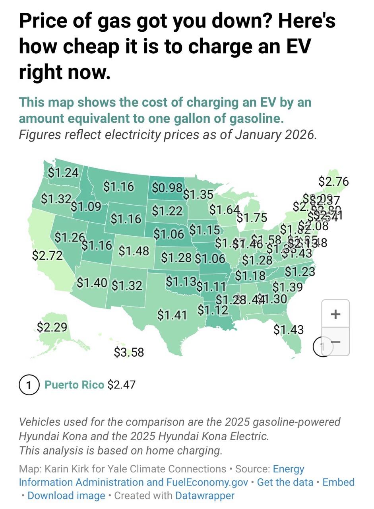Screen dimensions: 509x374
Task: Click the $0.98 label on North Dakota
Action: point(167,187)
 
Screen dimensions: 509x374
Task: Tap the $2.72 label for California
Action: point(47,255)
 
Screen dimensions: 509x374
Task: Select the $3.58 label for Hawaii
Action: point(129,352)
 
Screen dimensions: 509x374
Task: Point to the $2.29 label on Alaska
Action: point(52,327)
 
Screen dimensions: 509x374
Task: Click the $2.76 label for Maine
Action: point(333,181)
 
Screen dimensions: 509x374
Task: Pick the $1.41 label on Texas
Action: point(172,315)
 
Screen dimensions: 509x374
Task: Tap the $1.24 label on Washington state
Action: point(63,172)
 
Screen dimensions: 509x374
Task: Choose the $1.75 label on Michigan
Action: point(252,218)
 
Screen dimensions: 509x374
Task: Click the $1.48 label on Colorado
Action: point(134,251)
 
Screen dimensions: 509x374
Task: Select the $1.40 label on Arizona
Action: point(92,283)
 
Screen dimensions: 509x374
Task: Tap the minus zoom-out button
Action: point(335,342)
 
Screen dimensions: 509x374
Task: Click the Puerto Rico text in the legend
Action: point(74,385)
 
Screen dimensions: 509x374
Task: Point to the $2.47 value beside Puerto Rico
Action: point(122,385)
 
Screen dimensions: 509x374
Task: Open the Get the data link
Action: point(284,482)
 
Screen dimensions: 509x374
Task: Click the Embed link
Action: point(338,482)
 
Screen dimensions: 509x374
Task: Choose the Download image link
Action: point(66,495)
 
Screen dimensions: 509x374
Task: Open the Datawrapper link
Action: point(205,495)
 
